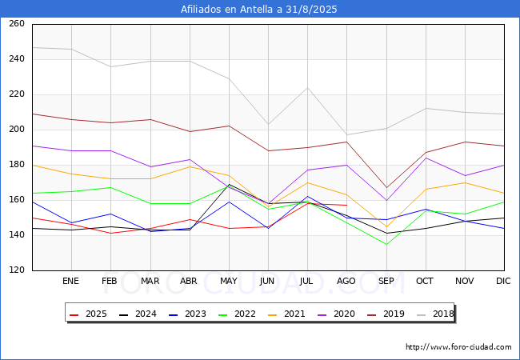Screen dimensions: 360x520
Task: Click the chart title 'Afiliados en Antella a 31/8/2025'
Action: [x=259, y=10]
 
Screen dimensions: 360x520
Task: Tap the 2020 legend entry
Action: [x=337, y=314]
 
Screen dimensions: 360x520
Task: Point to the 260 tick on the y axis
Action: [x=17, y=24]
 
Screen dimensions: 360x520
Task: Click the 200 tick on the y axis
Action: [x=17, y=130]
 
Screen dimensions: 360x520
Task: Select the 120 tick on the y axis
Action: [x=17, y=270]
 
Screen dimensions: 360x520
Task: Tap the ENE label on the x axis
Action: [x=71, y=282]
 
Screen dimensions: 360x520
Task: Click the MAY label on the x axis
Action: [x=229, y=282]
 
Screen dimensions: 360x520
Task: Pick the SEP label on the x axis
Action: [x=386, y=282]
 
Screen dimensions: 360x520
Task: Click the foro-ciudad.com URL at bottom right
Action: [x=458, y=347]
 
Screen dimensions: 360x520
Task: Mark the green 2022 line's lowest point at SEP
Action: [x=386, y=244]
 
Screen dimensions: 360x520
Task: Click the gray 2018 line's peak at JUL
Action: [x=307, y=87]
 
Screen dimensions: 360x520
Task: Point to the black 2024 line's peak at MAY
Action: [x=229, y=184]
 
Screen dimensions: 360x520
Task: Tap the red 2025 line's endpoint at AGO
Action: [x=346, y=206]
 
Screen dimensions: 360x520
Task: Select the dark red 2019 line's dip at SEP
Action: [x=386, y=188]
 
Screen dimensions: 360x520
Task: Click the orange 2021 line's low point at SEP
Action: [x=386, y=226]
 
